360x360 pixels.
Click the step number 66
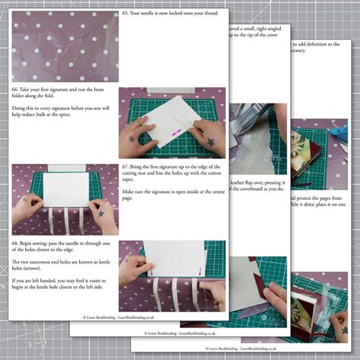click(15, 89)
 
